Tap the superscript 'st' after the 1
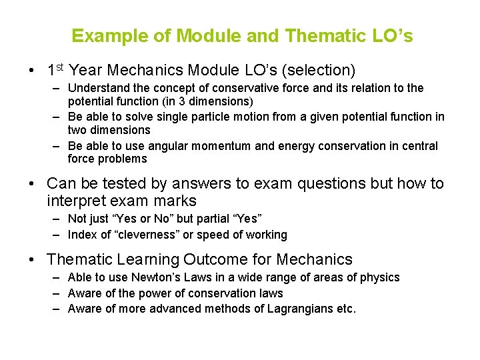point(59,67)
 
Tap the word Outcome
point(216,259)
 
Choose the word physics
point(380,277)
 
